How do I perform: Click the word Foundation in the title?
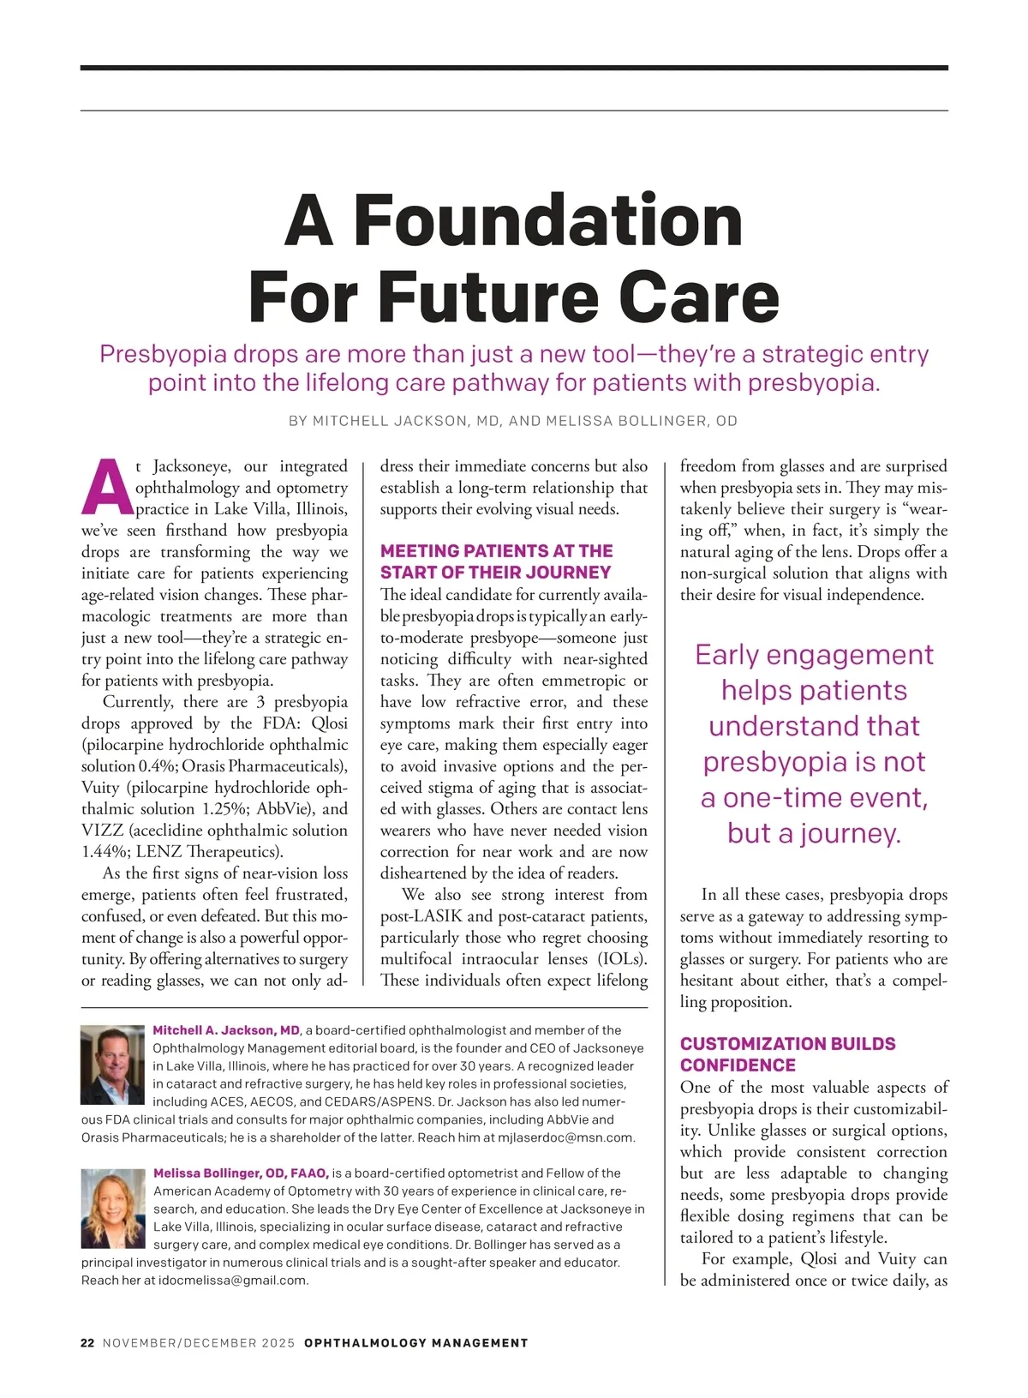pyautogui.click(x=548, y=220)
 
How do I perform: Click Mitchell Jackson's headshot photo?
pyautogui.click(x=112, y=1064)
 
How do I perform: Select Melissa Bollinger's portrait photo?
pyautogui.click(x=113, y=1208)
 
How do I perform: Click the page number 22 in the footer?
pyautogui.click(x=87, y=1343)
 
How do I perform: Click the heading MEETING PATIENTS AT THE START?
pyautogui.click(x=496, y=561)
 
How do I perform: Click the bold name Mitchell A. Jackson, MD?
pyautogui.click(x=226, y=1030)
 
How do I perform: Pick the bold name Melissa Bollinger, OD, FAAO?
pyautogui.click(x=241, y=1173)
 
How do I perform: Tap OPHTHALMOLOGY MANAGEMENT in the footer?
pyautogui.click(x=416, y=1343)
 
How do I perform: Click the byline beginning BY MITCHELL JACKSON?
pyautogui.click(x=513, y=421)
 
